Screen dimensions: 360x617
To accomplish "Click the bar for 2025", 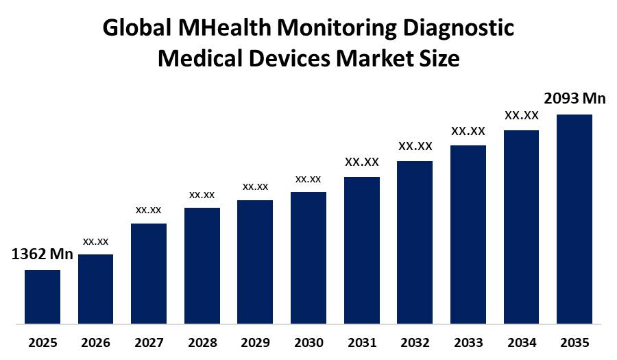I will point(43,296).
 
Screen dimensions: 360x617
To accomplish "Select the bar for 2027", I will point(149,273).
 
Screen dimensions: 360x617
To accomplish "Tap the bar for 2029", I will point(255,261).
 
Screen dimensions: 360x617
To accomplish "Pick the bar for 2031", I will point(362,250).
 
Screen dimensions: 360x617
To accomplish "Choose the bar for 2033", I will point(468,234).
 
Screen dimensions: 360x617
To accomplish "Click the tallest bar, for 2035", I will point(574,218).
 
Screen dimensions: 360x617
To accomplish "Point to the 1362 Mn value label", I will point(42,254).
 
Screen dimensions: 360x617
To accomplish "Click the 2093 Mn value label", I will point(574,99).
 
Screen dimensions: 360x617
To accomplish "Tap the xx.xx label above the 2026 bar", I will point(96,241).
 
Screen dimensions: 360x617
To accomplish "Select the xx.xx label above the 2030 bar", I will point(308,179).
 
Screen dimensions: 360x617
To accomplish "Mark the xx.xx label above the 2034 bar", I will point(522,115).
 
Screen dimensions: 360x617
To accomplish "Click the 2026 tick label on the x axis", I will point(96,342).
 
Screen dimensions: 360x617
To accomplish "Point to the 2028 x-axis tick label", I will point(202,342).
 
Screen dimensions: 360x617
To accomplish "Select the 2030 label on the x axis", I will point(308,342).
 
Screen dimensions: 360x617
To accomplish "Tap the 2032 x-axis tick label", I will point(415,342).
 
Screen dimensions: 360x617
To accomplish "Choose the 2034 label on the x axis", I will point(522,342).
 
